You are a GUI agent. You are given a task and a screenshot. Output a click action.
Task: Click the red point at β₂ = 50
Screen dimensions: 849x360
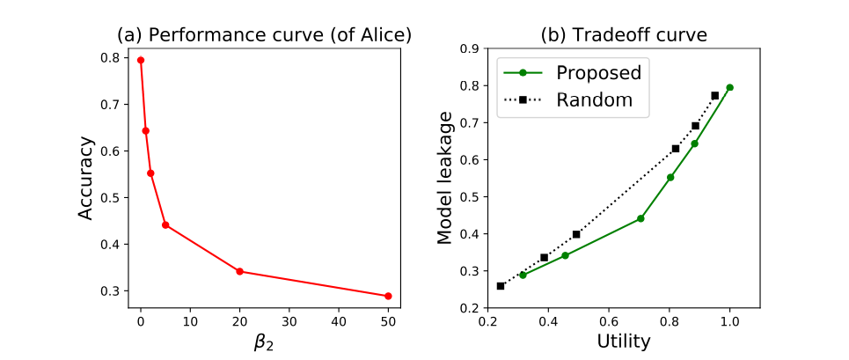coord(388,296)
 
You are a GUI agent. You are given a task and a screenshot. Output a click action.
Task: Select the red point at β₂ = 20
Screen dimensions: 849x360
coord(240,271)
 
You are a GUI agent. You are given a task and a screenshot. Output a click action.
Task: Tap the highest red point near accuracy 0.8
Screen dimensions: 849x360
coord(141,60)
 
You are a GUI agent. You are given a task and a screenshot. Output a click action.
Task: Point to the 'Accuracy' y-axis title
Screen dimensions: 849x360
coord(85,180)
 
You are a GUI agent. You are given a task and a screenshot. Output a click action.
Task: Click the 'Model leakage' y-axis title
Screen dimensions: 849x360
coord(444,178)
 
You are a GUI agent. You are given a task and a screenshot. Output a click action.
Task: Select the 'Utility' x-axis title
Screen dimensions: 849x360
coord(624,341)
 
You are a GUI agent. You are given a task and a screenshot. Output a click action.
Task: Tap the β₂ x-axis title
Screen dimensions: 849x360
coord(265,342)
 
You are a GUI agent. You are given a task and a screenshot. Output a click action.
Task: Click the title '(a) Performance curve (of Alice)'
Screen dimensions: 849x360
coord(265,35)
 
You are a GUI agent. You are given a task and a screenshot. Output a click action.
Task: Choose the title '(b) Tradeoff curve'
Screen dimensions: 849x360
coord(624,35)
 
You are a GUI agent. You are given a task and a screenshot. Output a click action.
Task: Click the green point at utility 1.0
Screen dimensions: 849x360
coord(729,87)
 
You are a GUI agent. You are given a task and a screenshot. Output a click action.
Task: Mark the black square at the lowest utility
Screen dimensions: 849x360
coord(501,286)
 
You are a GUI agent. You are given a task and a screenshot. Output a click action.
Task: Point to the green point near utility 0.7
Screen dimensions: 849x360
coord(640,218)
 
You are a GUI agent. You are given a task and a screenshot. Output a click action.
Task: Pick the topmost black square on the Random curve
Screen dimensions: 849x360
coord(714,95)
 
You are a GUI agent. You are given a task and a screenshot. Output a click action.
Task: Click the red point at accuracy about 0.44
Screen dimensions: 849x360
coord(165,224)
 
